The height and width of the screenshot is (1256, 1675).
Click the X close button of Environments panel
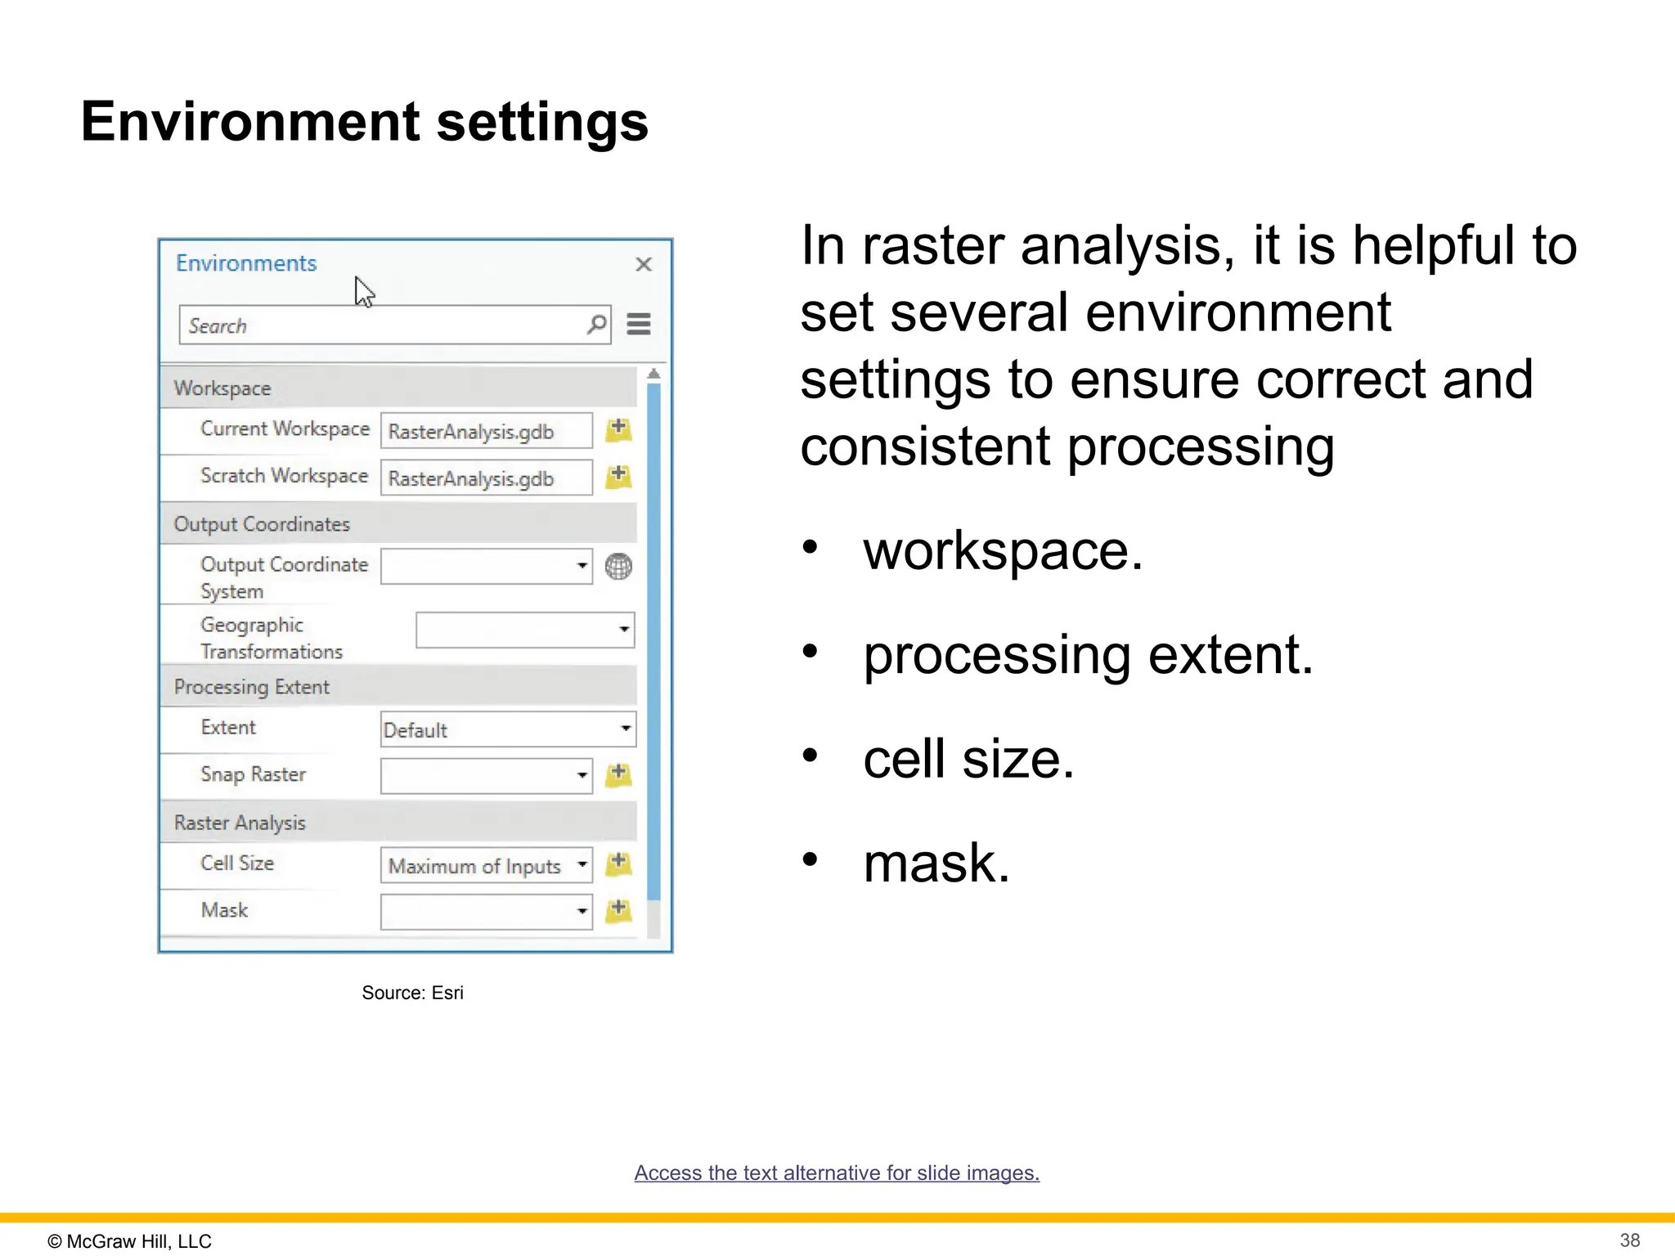click(x=644, y=264)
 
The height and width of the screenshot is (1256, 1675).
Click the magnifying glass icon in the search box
click(x=597, y=325)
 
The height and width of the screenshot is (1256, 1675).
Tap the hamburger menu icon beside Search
click(x=639, y=325)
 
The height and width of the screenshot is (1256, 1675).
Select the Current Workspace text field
click(x=486, y=431)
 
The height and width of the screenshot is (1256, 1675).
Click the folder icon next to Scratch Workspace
click(x=618, y=477)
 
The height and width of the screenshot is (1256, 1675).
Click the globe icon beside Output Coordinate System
click(x=618, y=566)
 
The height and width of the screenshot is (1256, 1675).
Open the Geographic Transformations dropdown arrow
click(x=624, y=630)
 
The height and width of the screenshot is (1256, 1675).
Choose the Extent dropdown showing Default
click(x=507, y=729)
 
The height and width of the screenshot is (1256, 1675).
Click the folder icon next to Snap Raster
click(x=618, y=774)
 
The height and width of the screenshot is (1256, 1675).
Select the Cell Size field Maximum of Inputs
click(x=486, y=865)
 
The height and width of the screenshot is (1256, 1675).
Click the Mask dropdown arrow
click(x=582, y=911)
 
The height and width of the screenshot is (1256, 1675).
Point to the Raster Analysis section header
click(x=240, y=823)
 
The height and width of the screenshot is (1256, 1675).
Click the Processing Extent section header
click(x=252, y=687)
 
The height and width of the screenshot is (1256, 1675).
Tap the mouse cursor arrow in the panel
click(x=363, y=291)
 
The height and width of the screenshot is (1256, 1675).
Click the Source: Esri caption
click(x=412, y=993)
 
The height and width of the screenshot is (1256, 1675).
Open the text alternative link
click(x=837, y=1173)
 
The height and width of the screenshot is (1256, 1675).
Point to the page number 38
click(x=1629, y=1240)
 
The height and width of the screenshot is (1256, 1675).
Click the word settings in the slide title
click(x=542, y=123)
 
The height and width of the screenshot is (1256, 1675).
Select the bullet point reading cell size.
click(x=968, y=759)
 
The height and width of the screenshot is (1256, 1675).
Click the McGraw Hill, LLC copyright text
click(x=130, y=1241)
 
